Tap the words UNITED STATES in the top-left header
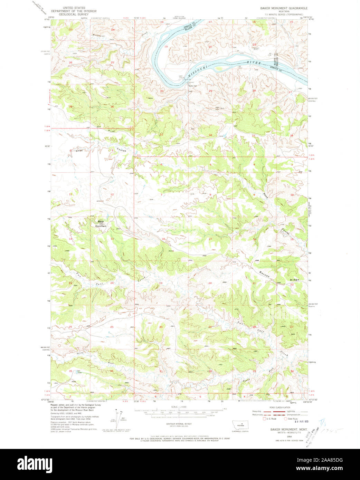pyautogui.click(x=74, y=8)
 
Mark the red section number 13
pyautogui.click(x=112, y=239)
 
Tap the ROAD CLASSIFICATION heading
pyautogui.click(x=281, y=407)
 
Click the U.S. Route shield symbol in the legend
pyautogui.click(x=265, y=419)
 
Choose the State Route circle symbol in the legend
pyautogui.click(x=285, y=419)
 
